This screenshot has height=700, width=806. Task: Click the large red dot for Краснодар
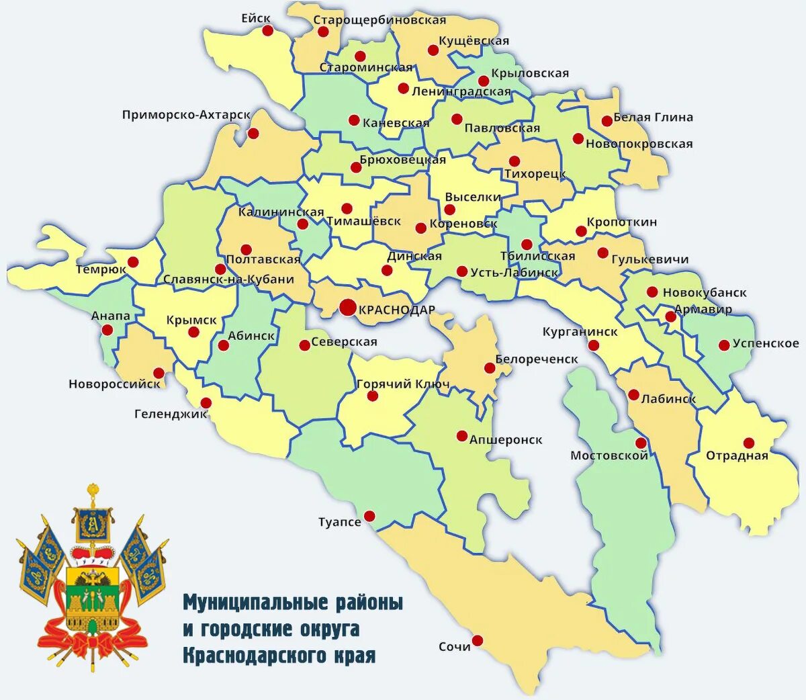pos(347,308)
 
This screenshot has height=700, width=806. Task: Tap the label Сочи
pos(455,647)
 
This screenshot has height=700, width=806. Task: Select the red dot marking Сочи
pos(478,640)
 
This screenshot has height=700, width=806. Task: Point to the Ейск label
pos(256,18)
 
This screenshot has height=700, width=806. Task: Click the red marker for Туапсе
pos(369,516)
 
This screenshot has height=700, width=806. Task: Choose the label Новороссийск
pos(114,384)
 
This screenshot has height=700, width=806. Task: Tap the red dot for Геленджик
pos(206,403)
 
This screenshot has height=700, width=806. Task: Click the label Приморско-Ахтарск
pos(186,115)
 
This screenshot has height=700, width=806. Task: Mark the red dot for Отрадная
pos(748,443)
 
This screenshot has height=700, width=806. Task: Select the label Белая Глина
pos(653,118)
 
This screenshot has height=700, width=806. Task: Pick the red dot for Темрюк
pos(133,262)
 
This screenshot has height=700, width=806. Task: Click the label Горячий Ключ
pos(403,384)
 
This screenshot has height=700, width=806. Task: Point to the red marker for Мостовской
pos(641,443)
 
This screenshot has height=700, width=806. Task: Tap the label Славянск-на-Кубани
pos(228,279)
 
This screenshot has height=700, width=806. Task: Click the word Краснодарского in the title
pos(279,655)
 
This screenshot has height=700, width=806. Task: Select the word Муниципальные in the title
pos(255,602)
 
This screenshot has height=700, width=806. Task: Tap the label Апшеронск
pos(506,440)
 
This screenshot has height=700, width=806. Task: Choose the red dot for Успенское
pos(724,345)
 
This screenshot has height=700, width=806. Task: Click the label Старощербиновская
pos(379,20)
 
